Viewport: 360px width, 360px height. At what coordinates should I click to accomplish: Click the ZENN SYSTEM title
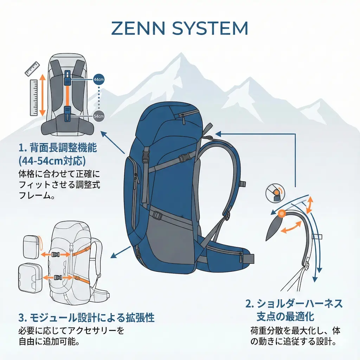click(180, 28)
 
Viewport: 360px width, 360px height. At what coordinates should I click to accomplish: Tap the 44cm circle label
click(99, 79)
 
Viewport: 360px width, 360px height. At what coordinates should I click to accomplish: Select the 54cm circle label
click(99, 116)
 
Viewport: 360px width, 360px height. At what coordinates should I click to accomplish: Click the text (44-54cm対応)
click(52, 161)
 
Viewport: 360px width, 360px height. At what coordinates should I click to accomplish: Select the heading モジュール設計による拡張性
click(86, 318)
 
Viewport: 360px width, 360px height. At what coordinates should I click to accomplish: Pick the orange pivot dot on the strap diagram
click(281, 213)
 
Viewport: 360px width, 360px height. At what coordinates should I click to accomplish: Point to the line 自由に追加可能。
click(48, 341)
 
